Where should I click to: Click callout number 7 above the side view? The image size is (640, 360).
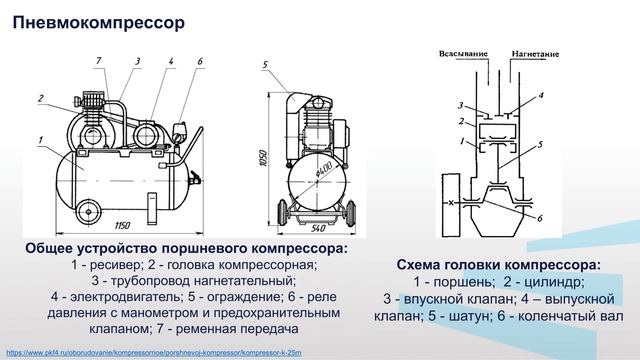(99, 63)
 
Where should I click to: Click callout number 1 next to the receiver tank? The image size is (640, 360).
(40, 137)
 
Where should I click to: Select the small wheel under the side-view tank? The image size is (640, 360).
(88, 211)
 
